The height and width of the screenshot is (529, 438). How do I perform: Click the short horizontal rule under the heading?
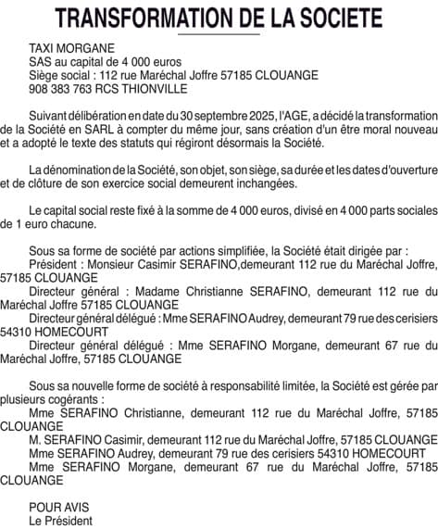pos(219,33)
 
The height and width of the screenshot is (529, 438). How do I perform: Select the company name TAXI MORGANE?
pos(72,47)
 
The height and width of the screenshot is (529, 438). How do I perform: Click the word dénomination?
pos(84,171)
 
